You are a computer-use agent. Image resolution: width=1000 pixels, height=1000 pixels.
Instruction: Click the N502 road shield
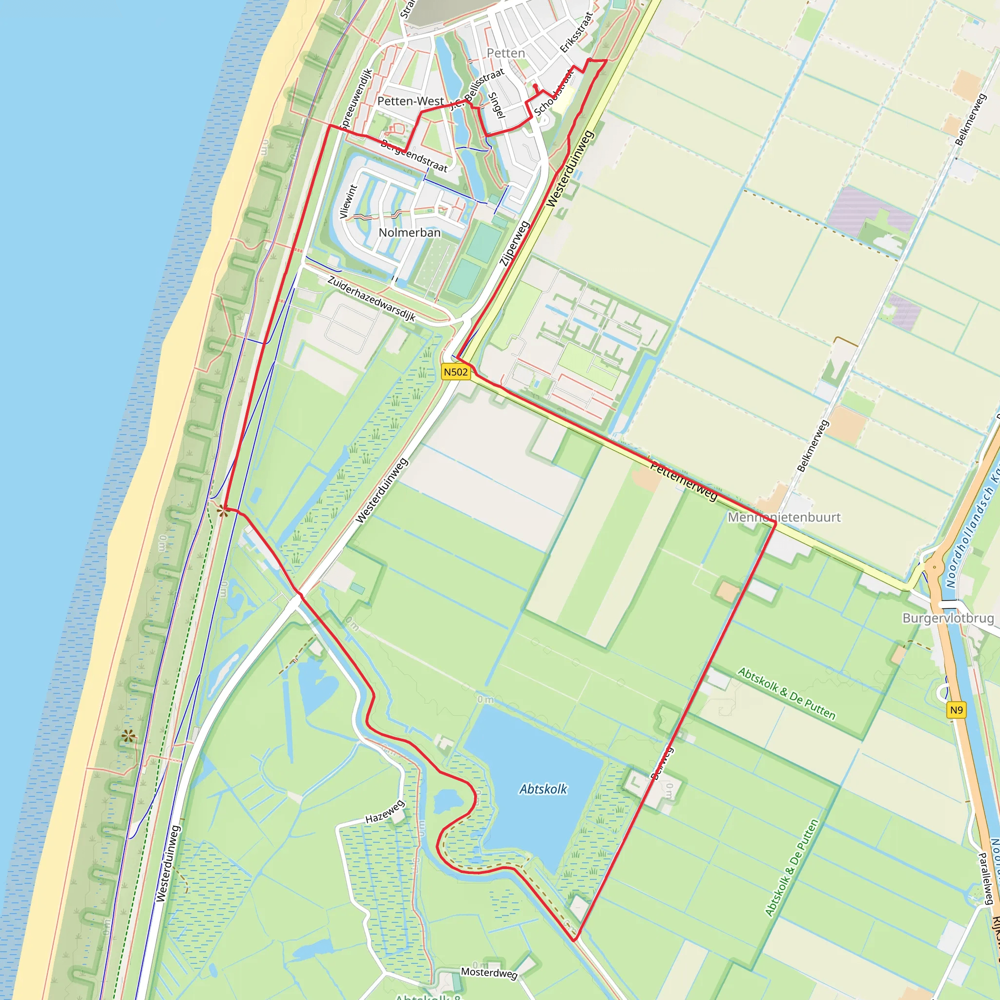point(456,372)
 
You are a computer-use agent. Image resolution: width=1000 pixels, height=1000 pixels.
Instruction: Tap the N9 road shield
point(956,710)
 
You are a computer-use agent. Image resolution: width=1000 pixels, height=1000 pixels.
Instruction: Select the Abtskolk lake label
point(543,790)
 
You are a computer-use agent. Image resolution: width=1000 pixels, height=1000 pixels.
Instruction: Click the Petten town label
point(506,53)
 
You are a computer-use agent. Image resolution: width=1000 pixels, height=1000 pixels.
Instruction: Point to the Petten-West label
point(411,101)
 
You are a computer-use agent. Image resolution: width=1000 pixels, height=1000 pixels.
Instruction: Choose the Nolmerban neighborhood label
point(409,232)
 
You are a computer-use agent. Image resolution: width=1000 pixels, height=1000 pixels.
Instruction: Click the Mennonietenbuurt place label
point(784,517)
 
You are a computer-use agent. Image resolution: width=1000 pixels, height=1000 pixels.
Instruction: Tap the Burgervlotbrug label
point(948,618)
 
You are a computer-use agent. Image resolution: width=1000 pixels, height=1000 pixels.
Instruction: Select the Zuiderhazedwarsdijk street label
point(372,298)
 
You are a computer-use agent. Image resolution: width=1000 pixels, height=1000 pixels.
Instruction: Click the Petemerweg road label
point(684,481)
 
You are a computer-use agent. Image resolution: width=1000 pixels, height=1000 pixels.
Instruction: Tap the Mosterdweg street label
point(489,973)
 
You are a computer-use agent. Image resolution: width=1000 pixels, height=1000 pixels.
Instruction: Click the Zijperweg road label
point(514,243)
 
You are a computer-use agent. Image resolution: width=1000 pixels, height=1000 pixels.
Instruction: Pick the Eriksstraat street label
point(576,32)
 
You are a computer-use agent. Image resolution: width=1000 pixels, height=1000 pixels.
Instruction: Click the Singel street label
point(497,105)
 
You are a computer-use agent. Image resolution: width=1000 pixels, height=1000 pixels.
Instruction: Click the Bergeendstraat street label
point(414,155)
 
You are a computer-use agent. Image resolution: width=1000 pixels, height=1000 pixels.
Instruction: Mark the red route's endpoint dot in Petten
point(535,86)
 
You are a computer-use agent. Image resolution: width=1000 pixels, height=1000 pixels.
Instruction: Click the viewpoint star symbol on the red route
point(223,511)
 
